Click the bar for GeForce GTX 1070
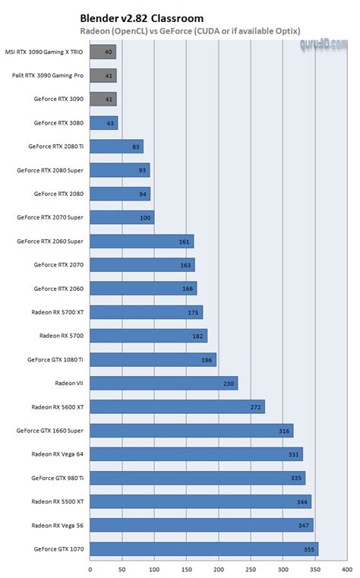point(204,549)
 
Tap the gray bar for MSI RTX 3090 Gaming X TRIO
point(103,52)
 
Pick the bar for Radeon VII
point(163,384)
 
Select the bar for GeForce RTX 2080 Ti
point(116,147)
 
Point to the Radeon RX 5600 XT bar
point(177,407)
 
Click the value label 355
point(308,549)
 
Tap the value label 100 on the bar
point(144,217)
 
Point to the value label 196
point(206,360)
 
